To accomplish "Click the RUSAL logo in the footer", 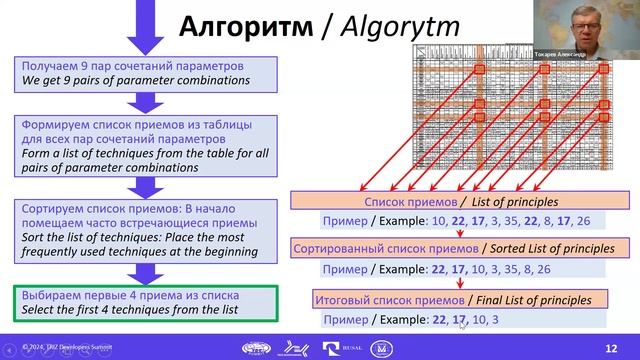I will pyautogui.click(x=333, y=347).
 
